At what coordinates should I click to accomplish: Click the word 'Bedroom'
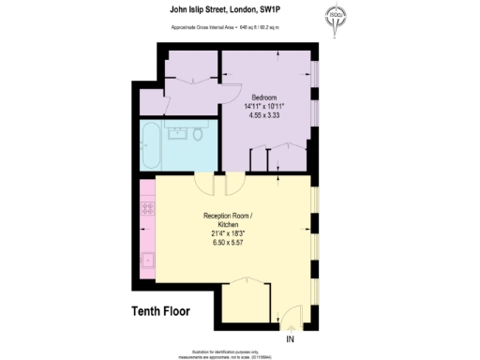[x=263, y=97]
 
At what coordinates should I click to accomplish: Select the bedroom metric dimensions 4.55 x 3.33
[x=263, y=116]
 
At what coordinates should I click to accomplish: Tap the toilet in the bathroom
[x=199, y=136]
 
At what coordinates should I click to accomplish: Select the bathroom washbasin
[x=176, y=132]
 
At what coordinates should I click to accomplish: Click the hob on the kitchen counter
[x=147, y=213]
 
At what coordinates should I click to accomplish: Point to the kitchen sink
[x=147, y=260]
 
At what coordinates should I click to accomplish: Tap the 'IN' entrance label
[x=291, y=338]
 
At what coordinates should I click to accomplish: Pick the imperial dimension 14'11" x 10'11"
[x=263, y=107]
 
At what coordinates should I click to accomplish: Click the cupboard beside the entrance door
[x=247, y=300]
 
